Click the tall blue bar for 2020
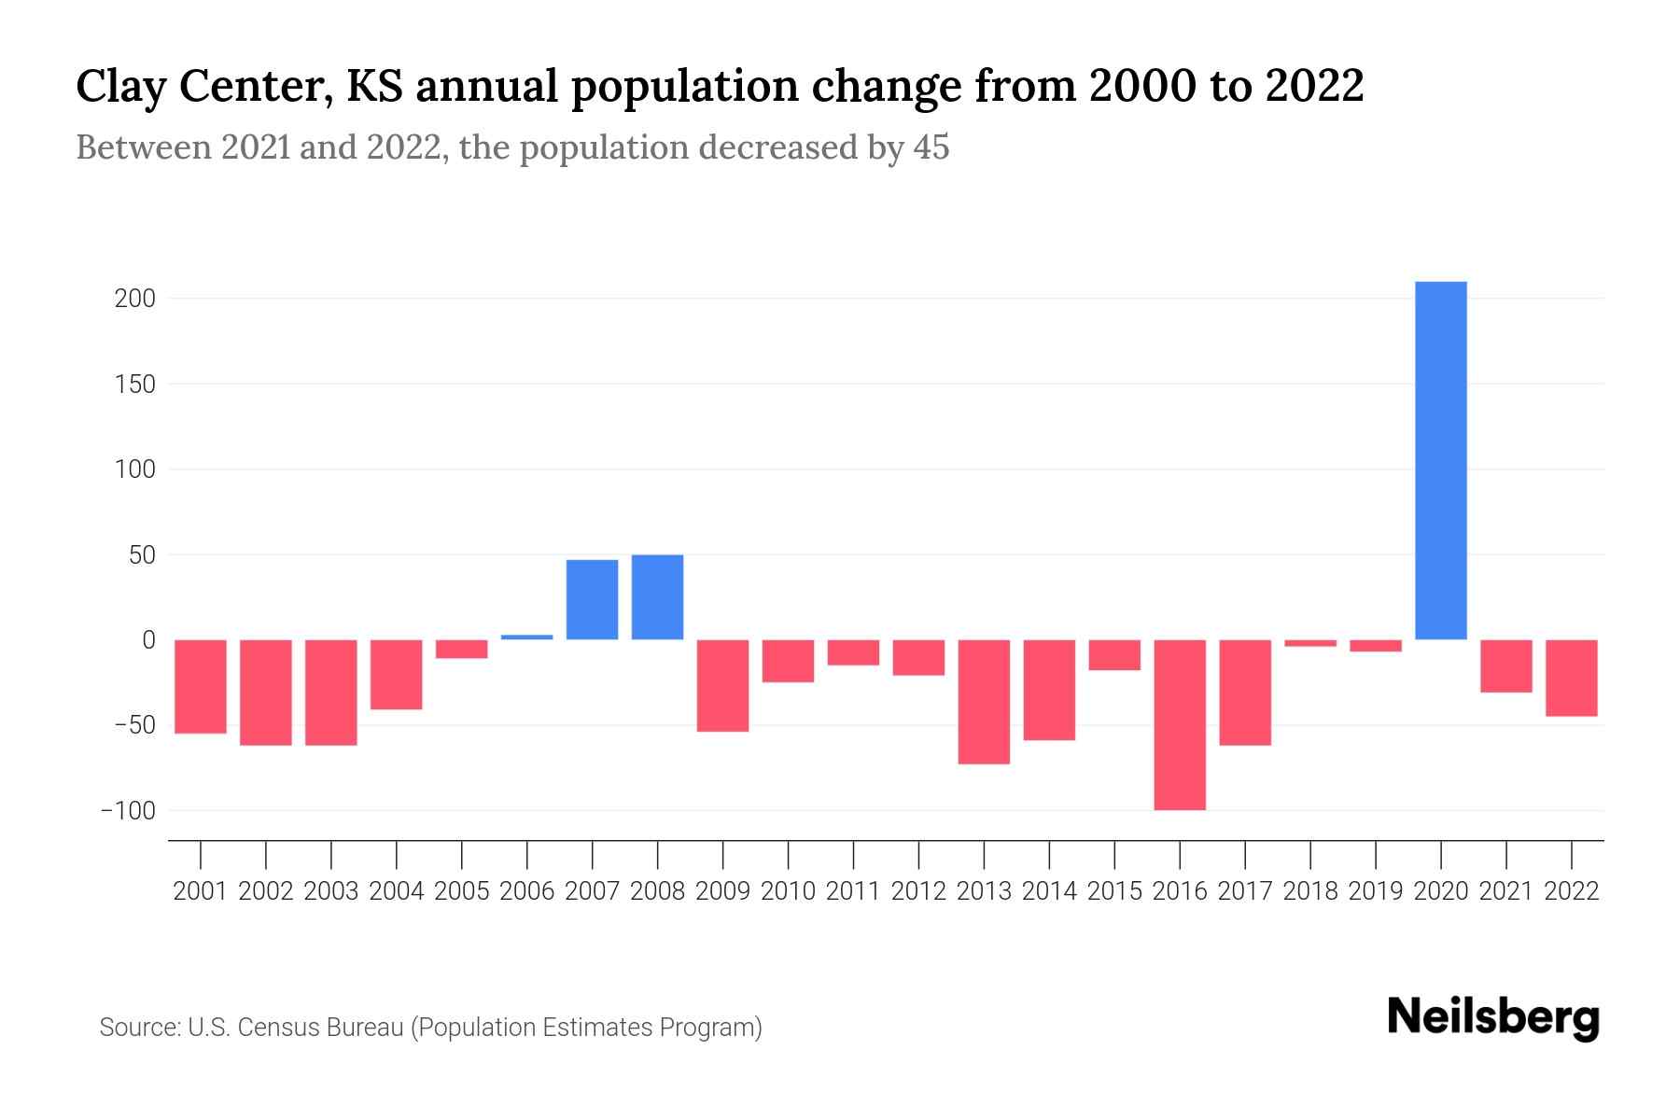click(x=1440, y=460)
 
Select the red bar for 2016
click(x=1180, y=724)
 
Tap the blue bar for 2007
click(x=592, y=599)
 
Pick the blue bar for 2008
click(x=657, y=597)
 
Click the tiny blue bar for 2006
click(x=527, y=637)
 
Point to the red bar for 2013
click(x=984, y=702)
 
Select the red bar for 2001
click(x=201, y=686)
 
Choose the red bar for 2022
click(x=1572, y=678)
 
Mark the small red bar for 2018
click(x=1310, y=643)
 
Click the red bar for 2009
click(x=722, y=685)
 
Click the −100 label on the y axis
click(x=128, y=810)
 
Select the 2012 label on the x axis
click(x=918, y=891)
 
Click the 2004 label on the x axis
click(x=397, y=891)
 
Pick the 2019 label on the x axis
click(x=1376, y=891)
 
